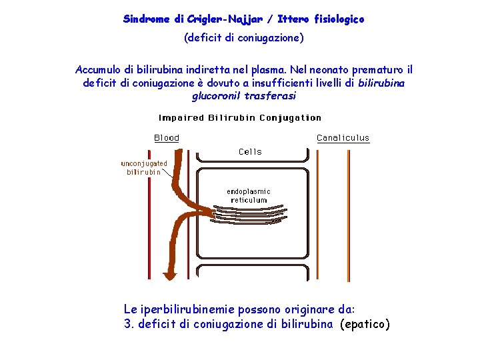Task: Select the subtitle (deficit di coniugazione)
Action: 244,38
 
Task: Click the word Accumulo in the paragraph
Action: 98,70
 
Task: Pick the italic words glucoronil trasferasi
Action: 244,96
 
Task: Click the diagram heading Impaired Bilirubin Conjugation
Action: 240,118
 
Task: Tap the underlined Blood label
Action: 167,138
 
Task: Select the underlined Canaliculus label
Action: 343,138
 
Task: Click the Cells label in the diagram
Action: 251,151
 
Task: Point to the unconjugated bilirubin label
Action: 144,167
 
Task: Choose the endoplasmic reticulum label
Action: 249,196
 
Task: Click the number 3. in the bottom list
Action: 129,325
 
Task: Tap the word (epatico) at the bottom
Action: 365,325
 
